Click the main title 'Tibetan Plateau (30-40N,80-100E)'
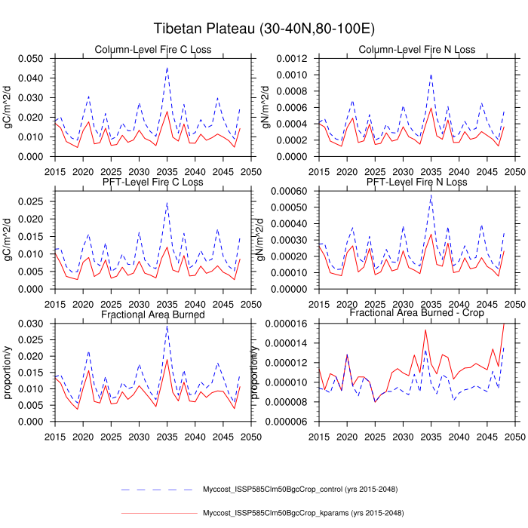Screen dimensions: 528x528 (x=264, y=29)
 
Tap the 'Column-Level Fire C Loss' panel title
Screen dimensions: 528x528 (x=153, y=50)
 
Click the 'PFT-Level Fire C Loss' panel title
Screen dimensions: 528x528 (x=153, y=183)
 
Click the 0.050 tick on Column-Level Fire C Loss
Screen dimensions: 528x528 (x=33, y=59)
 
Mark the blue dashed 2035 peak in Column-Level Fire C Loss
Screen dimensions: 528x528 (x=167, y=67)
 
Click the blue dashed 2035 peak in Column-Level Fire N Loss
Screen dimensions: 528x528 (x=431, y=74)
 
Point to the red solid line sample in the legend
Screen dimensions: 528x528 (x=156, y=514)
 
